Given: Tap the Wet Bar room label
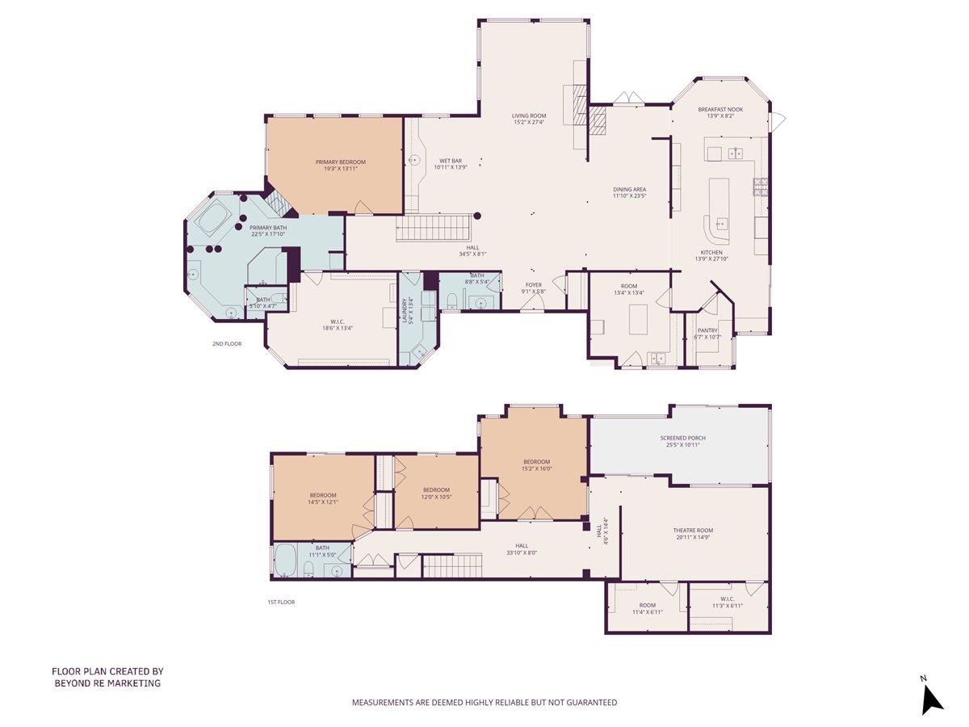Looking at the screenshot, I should [x=451, y=161].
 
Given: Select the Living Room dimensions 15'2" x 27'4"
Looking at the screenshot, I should [x=529, y=123].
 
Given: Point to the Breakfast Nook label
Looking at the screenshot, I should [x=720, y=109].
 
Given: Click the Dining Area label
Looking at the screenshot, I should [x=629, y=190].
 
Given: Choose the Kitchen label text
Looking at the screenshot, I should [x=711, y=253].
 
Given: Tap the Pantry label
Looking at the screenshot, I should [x=707, y=330].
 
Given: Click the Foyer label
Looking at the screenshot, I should [x=534, y=284].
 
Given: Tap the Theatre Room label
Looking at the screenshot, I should [x=693, y=531].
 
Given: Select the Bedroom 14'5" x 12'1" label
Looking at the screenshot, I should [x=323, y=495].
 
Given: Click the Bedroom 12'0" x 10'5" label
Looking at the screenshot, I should [x=436, y=490].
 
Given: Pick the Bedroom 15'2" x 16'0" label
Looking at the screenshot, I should [x=535, y=462].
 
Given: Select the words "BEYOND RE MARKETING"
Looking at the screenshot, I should [x=107, y=683].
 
